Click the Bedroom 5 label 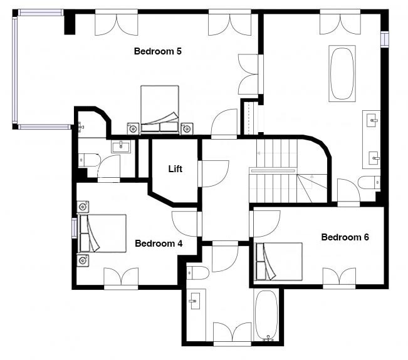click(158, 51)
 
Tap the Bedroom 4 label click(159, 244)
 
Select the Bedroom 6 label click(345, 237)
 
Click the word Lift click(175, 169)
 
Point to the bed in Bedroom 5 click(160, 110)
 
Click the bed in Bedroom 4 click(102, 234)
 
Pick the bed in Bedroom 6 click(279, 262)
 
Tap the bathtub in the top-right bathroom click(342, 73)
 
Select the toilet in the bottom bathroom click(198, 273)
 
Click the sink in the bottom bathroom click(195, 301)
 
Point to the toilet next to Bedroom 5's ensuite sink click(89, 160)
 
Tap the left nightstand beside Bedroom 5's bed click(133, 128)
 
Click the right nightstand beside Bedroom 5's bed click(187, 128)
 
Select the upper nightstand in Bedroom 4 click(83, 207)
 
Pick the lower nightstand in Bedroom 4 click(83, 260)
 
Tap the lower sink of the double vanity click(374, 158)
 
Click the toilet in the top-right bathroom click(369, 182)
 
